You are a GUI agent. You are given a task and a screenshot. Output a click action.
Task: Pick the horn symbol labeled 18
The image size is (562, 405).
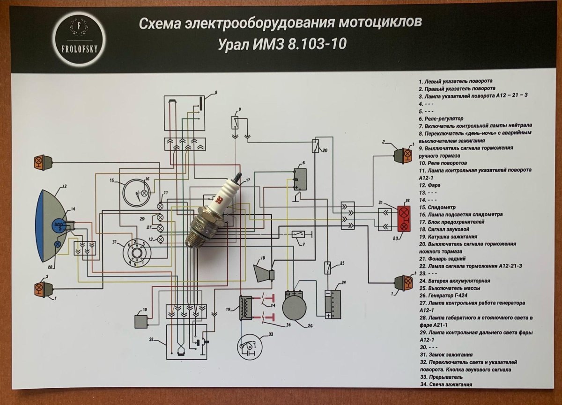click(264, 271)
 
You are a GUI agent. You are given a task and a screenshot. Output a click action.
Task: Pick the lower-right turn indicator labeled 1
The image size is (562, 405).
click(403, 282)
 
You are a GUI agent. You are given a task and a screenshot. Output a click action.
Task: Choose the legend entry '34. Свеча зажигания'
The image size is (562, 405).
click(445, 384)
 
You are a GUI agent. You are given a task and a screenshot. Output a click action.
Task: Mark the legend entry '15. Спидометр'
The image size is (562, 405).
click(438, 207)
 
